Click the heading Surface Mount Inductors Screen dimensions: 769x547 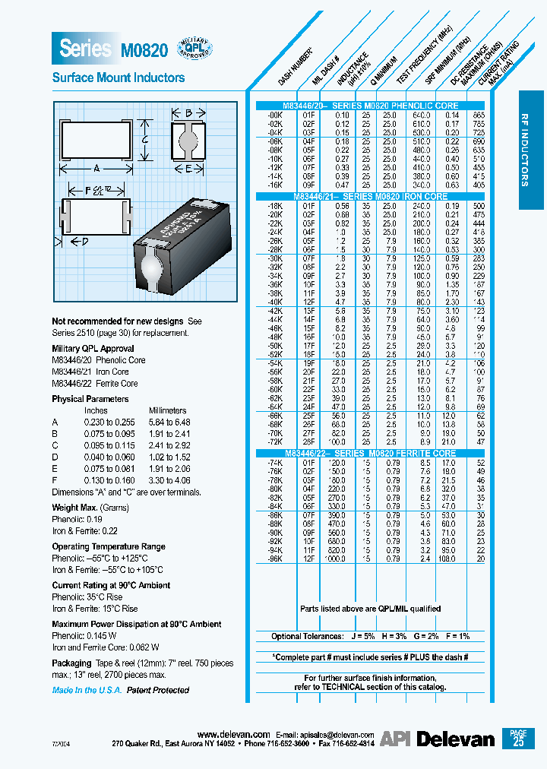pos(118,78)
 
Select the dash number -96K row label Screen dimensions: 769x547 pos(274,559)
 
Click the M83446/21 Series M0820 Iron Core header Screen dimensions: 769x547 pos(370,196)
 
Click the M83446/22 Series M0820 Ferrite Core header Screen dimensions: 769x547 pos(370,453)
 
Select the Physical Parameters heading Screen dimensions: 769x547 pos(90,399)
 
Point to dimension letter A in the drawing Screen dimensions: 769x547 pos(97,169)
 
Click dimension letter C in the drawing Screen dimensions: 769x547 pos(144,138)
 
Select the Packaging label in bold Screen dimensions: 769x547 pos(71,663)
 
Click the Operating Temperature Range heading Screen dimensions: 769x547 pos(109,547)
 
